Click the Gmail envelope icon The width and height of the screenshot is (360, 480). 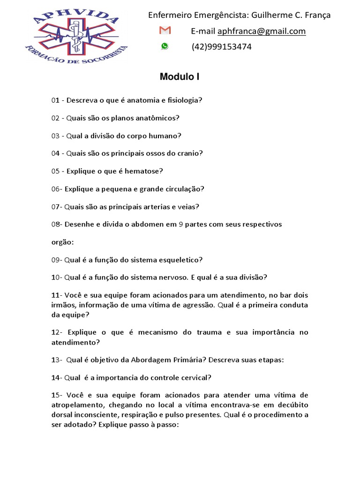165,31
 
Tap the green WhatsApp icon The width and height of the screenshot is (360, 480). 165,46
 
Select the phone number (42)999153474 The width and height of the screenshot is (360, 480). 221,47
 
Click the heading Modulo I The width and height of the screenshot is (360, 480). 180,77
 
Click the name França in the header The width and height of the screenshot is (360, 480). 318,15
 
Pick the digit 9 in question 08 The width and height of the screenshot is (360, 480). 181,225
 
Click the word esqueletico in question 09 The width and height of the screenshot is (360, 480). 180,260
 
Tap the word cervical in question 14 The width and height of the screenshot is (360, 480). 193,377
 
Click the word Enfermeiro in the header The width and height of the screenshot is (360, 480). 169,15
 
